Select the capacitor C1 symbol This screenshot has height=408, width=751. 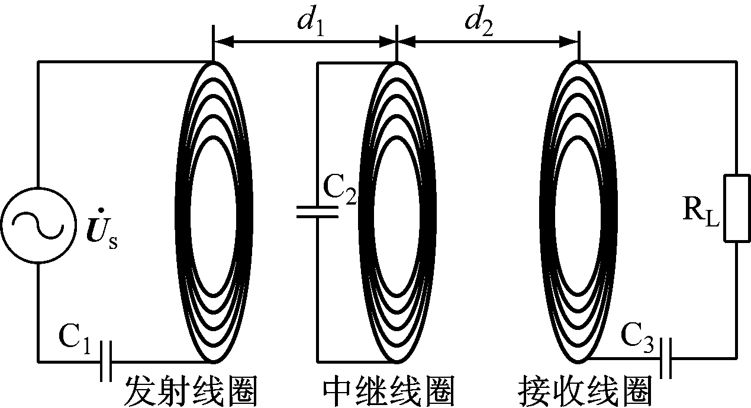point(106,361)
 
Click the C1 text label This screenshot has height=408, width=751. point(73,339)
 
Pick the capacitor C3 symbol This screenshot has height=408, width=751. point(666,358)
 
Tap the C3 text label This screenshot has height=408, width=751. point(636,338)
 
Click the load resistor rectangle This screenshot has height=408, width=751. point(737,208)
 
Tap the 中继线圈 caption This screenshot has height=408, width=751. point(389,390)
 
